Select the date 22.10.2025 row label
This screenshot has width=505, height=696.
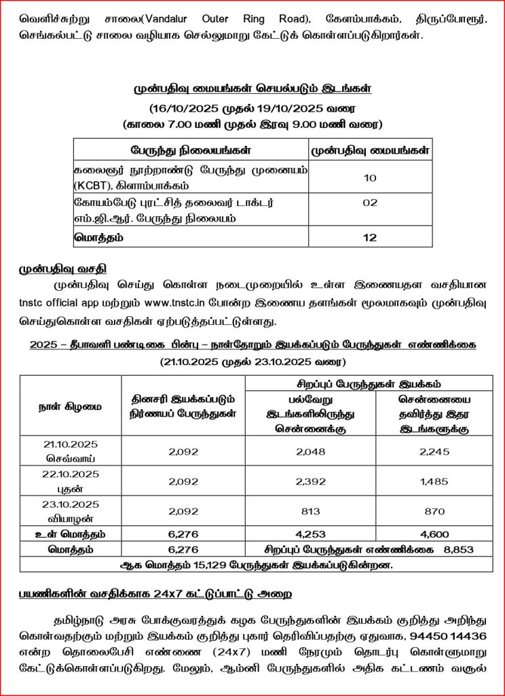pos(71,474)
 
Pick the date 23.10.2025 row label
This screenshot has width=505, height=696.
pos(71,504)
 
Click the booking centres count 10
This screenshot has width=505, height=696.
pos(370,178)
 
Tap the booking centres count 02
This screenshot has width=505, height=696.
pos(370,203)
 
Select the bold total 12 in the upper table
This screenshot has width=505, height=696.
pos(370,237)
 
